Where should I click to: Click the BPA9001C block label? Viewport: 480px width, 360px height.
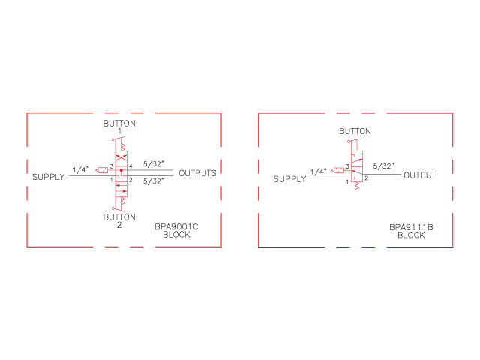click(x=176, y=230)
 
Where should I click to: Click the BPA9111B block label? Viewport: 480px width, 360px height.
click(x=411, y=231)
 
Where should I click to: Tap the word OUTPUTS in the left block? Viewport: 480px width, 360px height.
click(x=197, y=173)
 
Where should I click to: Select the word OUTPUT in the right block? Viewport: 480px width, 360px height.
click(x=420, y=175)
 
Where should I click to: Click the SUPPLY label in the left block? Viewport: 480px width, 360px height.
click(x=49, y=177)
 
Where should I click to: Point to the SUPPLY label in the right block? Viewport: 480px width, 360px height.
click(x=290, y=179)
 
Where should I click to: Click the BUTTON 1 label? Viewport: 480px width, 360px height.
click(x=119, y=127)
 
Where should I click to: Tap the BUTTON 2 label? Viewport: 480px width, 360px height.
click(x=119, y=221)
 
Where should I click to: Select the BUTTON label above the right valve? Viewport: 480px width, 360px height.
click(x=355, y=132)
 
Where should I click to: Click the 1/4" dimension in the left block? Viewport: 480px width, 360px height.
click(x=81, y=169)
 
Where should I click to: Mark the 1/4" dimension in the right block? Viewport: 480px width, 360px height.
click(x=319, y=172)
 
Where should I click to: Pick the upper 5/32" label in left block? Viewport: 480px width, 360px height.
click(x=154, y=164)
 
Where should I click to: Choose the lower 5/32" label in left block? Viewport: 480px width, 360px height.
click(x=154, y=181)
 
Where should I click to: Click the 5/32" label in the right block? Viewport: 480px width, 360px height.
click(x=383, y=166)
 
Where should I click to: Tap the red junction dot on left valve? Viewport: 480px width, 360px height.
click(x=121, y=170)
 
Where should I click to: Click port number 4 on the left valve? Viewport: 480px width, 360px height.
click(x=130, y=166)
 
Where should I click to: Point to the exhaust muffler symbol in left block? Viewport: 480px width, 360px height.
click(x=102, y=170)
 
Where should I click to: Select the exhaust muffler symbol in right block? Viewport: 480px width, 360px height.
click(x=337, y=170)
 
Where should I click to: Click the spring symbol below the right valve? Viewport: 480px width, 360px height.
click(x=357, y=186)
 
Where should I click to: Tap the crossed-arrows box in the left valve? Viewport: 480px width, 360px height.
click(x=121, y=157)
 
